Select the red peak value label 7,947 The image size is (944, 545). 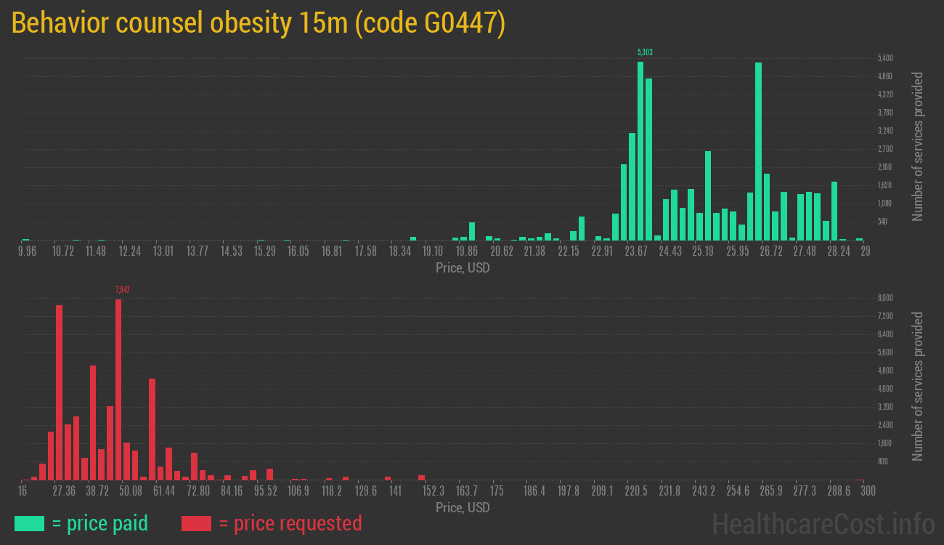click(123, 290)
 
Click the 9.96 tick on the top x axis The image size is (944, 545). click(26, 251)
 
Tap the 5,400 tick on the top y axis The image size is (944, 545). click(885, 58)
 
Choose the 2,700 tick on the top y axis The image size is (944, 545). click(885, 149)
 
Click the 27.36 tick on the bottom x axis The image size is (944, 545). click(64, 491)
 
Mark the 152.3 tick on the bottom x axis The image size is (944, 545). click(434, 491)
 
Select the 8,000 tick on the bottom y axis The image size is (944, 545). click(885, 298)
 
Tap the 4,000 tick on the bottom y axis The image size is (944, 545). click(885, 389)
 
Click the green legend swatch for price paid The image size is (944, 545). click(29, 523)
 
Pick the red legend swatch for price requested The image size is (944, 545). click(196, 523)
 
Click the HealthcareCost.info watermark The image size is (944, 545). click(823, 523)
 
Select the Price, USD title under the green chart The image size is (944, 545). click(463, 268)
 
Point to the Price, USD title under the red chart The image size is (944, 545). click(463, 507)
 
